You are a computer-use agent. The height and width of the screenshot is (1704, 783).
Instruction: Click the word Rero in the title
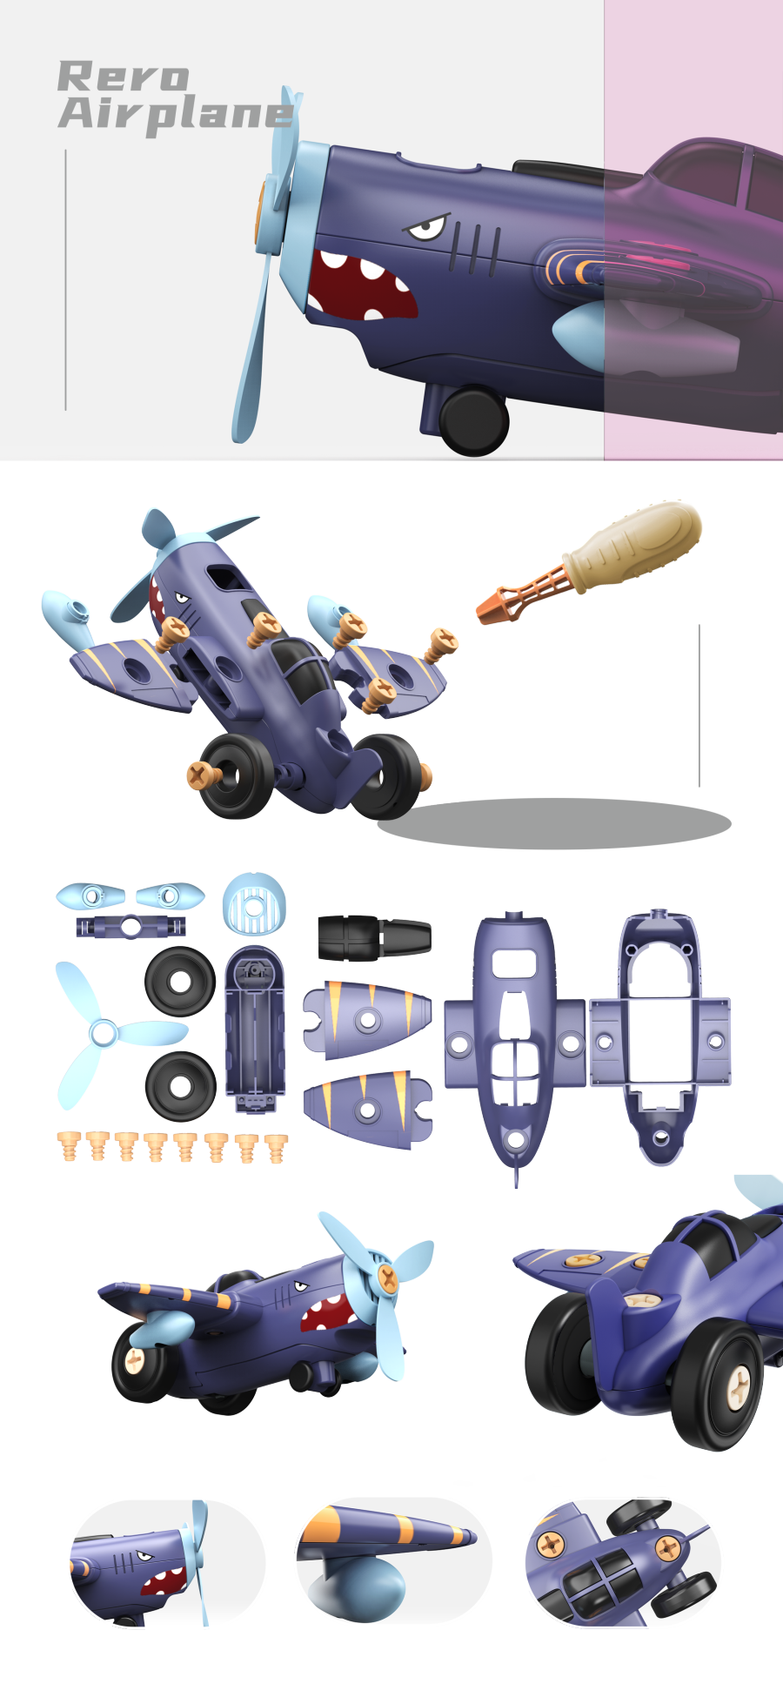click(x=123, y=77)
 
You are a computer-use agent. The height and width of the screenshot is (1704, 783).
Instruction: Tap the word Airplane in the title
click(x=175, y=114)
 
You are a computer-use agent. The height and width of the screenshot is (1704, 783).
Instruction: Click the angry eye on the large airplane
click(x=426, y=229)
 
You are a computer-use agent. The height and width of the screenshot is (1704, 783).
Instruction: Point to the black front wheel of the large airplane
click(x=473, y=420)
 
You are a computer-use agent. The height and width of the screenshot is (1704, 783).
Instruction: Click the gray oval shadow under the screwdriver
click(x=554, y=823)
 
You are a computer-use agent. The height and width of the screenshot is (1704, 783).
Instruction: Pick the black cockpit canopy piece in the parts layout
click(x=374, y=938)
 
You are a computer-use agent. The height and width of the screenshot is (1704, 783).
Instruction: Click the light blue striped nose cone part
click(x=253, y=904)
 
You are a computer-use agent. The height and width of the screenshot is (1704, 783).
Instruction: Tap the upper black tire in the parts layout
click(x=180, y=982)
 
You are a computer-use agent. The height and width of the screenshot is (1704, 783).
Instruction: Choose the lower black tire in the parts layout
click(x=180, y=1086)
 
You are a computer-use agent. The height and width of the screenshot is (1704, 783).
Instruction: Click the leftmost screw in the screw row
click(x=69, y=1147)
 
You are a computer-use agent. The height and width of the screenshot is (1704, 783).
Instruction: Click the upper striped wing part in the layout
click(x=367, y=1019)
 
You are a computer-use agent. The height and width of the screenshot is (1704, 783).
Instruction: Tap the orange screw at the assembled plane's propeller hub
click(x=388, y=1278)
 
